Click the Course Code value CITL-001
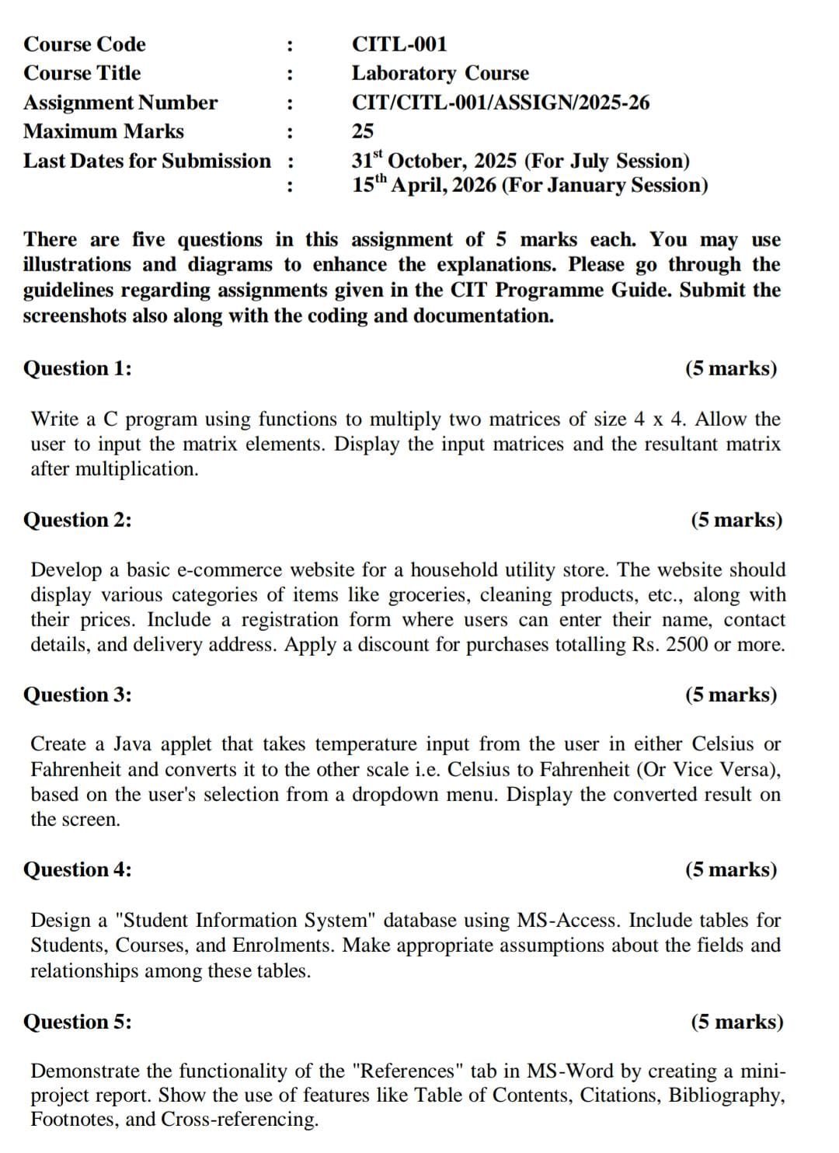(x=399, y=44)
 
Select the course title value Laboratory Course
(x=440, y=73)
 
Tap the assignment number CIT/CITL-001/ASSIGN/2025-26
(x=500, y=103)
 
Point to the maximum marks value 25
(x=362, y=131)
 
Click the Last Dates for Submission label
(x=148, y=161)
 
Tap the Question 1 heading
(x=78, y=368)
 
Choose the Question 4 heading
(x=78, y=869)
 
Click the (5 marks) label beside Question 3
(x=730, y=695)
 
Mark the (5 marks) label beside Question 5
(x=736, y=1022)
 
